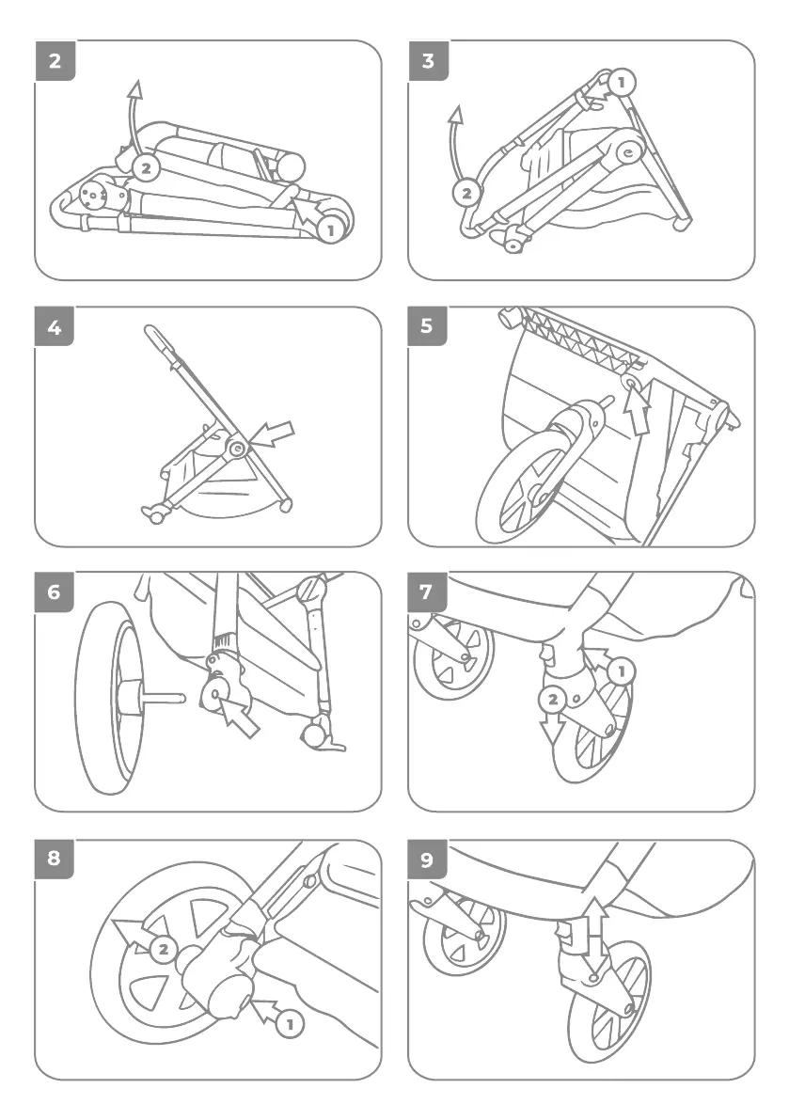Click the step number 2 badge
(55, 62)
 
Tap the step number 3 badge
(429, 62)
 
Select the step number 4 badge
(55, 327)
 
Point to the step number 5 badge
(429, 327)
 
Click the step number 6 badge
(55, 593)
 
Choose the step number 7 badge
(429, 593)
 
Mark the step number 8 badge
(55, 859)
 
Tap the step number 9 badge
(429, 859)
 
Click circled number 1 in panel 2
(329, 229)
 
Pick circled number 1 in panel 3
(620, 83)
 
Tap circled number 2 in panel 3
(466, 194)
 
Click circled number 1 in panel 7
(621, 671)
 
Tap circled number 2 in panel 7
(552, 699)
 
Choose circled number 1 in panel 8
(291, 1024)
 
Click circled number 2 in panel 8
(163, 949)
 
